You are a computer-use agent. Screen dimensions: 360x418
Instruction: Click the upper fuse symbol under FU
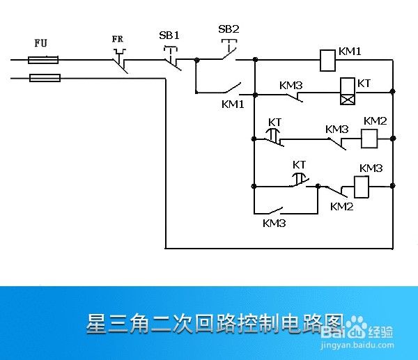pyautogui.click(x=42, y=61)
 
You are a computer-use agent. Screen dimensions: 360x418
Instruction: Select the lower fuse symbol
pyautogui.click(x=45, y=77)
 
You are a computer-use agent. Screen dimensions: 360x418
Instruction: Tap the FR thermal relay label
pyautogui.click(x=118, y=40)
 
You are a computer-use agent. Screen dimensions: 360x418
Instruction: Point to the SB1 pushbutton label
pyautogui.click(x=169, y=35)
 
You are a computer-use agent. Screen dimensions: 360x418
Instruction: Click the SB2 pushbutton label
pyautogui.click(x=229, y=29)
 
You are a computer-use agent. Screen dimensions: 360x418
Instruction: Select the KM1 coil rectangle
pyautogui.click(x=327, y=61)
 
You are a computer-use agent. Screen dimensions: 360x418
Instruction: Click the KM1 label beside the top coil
pyautogui.click(x=350, y=52)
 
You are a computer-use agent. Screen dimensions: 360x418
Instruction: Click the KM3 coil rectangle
pyautogui.click(x=362, y=187)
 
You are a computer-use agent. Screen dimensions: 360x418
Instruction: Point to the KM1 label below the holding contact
pyautogui.click(x=233, y=104)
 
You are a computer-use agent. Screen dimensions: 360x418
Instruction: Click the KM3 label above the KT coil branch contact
pyautogui.click(x=291, y=86)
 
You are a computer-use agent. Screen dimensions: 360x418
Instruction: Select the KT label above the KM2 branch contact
pyautogui.click(x=275, y=123)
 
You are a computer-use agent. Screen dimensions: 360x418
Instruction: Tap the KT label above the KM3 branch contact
pyautogui.click(x=299, y=165)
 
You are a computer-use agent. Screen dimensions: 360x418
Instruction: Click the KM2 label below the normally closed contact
pyautogui.click(x=341, y=206)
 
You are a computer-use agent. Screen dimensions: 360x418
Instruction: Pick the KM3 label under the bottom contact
pyautogui.click(x=274, y=224)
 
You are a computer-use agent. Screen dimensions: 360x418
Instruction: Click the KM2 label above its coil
pyautogui.click(x=375, y=121)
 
